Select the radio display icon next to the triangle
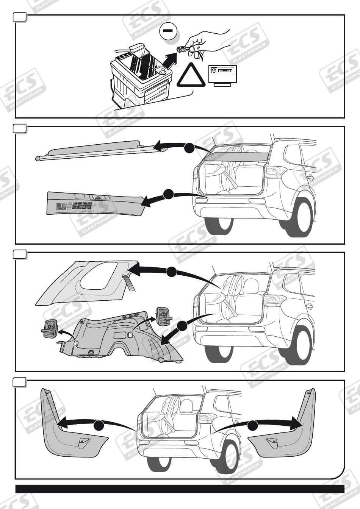222,74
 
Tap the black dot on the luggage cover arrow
189,148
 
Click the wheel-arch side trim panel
121,337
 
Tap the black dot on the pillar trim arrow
172,271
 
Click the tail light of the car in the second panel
275,172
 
